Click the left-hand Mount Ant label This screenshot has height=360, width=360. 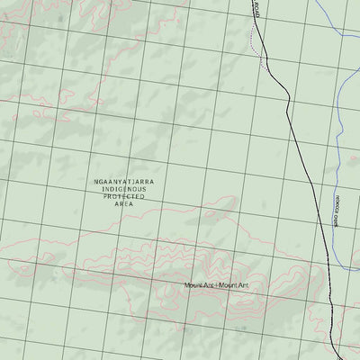pos(199,286)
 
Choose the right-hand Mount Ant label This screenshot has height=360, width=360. pos(233,286)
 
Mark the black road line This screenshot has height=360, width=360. pos(297,135)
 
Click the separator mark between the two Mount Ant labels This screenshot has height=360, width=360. pos(216,286)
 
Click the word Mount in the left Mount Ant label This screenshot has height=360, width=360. pos(193,286)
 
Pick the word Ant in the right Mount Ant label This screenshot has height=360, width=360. pos(241,286)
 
